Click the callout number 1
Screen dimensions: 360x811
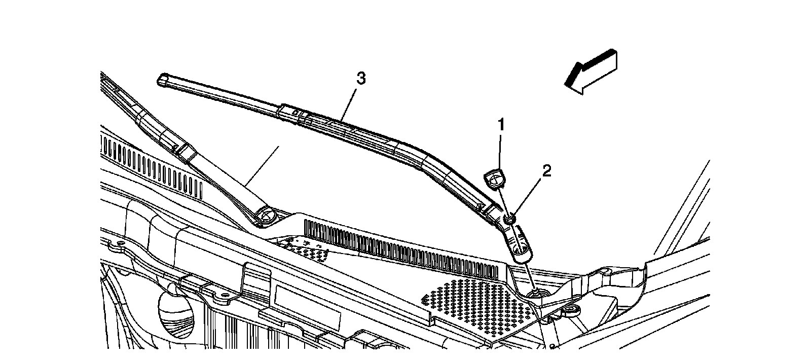pyautogui.click(x=501, y=124)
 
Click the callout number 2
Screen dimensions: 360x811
pyautogui.click(x=545, y=171)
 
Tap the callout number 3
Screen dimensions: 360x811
pyautogui.click(x=360, y=79)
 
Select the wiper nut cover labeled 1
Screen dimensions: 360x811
pyautogui.click(x=493, y=179)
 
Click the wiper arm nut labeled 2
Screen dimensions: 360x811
pyautogui.click(x=509, y=219)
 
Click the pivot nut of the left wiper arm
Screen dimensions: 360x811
pyautogui.click(x=264, y=218)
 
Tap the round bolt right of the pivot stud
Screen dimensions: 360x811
pyautogui.click(x=573, y=310)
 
